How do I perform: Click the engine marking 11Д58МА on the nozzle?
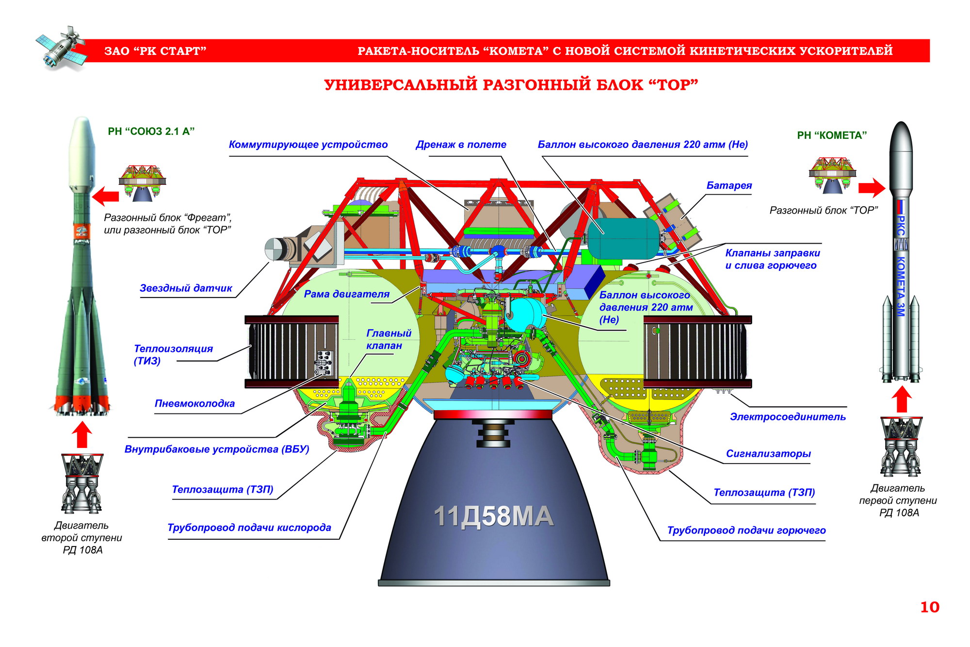pos(493,516)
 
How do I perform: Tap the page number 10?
pos(929,607)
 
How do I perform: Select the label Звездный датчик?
pos(186,288)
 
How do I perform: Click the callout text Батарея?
pos(729,185)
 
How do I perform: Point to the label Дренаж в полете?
pos(461,145)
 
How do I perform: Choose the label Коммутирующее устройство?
pos(308,145)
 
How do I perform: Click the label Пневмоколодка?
pos(194,403)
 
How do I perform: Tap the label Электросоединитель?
pos(788,416)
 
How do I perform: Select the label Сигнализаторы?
pos(768,454)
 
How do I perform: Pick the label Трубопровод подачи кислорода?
pos(249,528)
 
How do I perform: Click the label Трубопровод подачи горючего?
pos(746,531)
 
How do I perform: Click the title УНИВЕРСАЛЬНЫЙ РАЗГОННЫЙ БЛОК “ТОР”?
pos(511,85)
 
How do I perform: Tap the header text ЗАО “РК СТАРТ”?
pos(155,51)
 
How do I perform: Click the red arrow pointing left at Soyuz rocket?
pos(105,196)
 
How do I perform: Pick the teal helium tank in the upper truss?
pos(623,238)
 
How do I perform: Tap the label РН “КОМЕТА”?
pos(832,135)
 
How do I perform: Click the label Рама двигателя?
pos(346,294)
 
